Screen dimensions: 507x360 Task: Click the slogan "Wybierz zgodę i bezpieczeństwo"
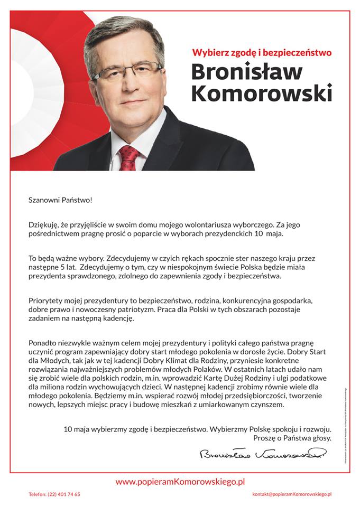261,53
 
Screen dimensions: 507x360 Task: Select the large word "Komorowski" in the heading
261,93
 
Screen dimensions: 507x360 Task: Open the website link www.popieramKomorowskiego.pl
180,481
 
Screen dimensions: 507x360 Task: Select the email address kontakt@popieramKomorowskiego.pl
292,494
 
